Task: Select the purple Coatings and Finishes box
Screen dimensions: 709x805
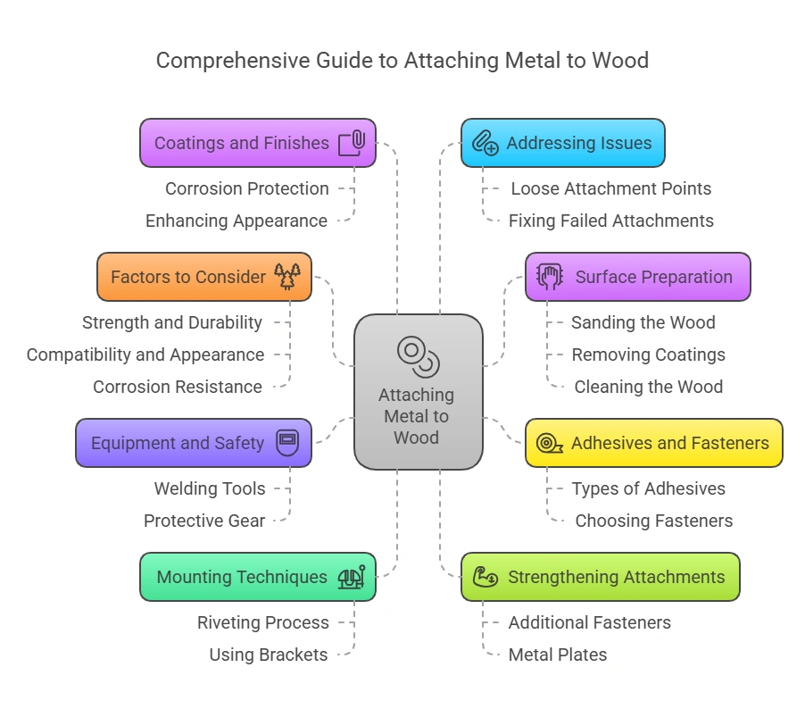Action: tap(257, 143)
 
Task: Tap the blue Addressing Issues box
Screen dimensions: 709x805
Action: tap(562, 143)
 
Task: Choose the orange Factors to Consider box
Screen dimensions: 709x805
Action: tap(203, 277)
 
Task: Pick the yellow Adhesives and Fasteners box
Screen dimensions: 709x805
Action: tap(653, 443)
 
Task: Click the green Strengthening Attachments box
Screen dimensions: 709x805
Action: tap(600, 577)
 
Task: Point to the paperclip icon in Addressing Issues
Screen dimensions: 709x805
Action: tap(485, 143)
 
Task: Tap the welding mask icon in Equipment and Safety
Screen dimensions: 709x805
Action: tap(287, 443)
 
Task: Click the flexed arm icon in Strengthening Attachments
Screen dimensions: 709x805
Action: tap(485, 577)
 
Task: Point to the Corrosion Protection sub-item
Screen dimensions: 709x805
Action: tap(247, 188)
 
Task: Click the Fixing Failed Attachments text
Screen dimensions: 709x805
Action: tap(611, 221)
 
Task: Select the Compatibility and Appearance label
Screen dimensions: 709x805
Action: tap(145, 354)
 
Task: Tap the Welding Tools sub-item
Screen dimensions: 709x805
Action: tap(210, 488)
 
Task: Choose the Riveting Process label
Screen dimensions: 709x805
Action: tap(263, 622)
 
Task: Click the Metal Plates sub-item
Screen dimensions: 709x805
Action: tap(558, 655)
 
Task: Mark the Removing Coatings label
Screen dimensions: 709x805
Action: tap(649, 354)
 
